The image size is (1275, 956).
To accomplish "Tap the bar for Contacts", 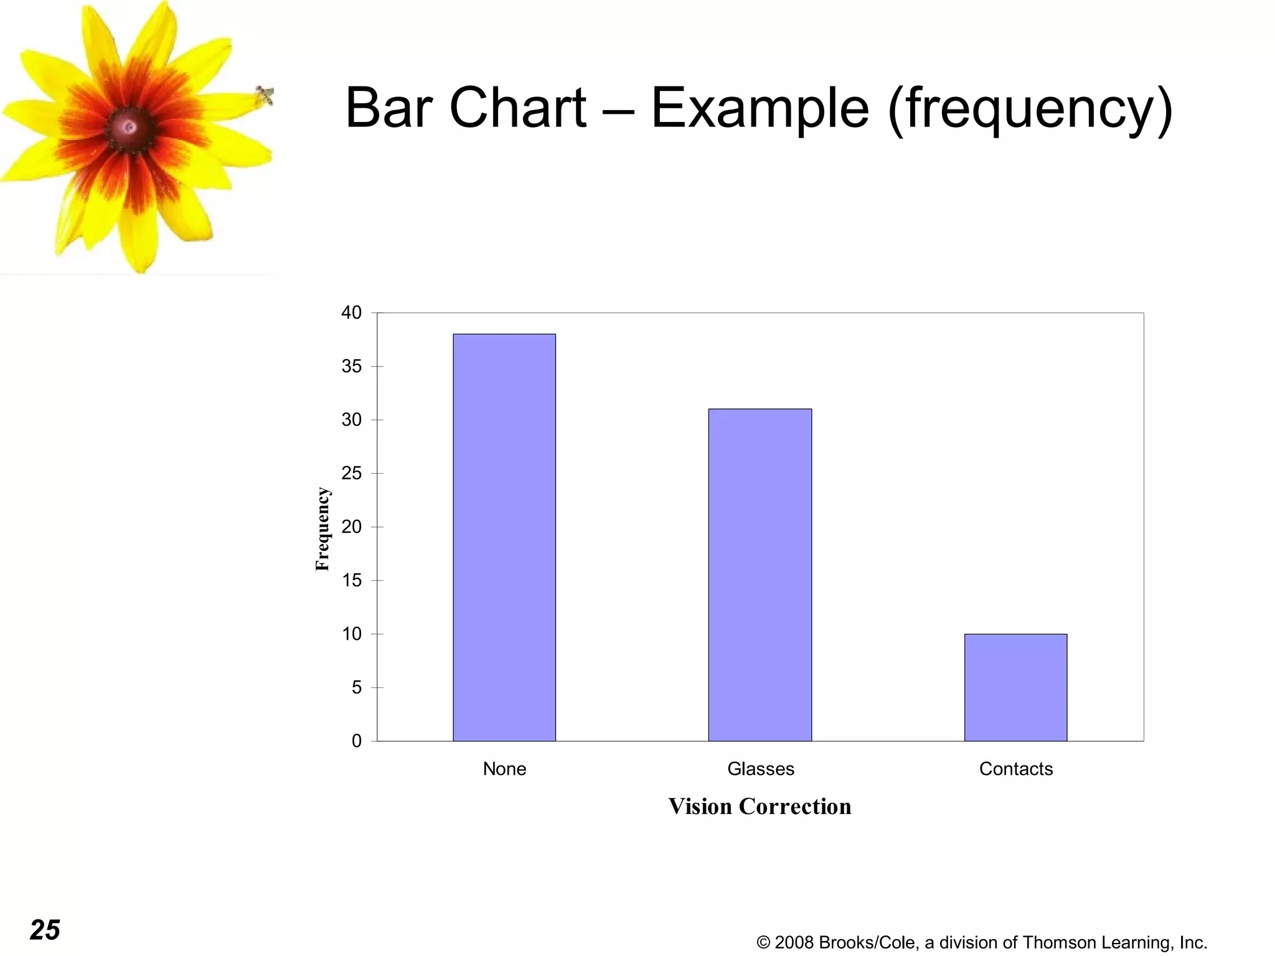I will coord(1015,687).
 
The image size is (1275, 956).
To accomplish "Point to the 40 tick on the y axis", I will coord(352,312).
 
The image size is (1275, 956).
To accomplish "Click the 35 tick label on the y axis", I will coord(352,366).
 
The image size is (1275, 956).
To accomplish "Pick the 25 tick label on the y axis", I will coord(352,473).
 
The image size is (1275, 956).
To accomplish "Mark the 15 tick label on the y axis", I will coord(352,580).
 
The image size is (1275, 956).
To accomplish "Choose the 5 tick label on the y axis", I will coord(357,687).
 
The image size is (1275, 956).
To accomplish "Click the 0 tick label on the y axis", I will coord(357,741).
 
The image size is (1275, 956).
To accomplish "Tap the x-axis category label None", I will coord(504,769).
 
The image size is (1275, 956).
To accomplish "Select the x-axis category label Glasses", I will coord(760,769).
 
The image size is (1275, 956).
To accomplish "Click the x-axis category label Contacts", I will coord(1015,769).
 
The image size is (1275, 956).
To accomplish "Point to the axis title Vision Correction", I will coord(760,806).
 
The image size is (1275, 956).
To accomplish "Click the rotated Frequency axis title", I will coord(322,529).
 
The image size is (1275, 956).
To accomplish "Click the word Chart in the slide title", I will coord(517,108).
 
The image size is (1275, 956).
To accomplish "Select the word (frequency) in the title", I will coord(1030,109).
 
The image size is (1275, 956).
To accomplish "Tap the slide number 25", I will coord(45,930).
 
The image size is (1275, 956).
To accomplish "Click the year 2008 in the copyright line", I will coord(794,942).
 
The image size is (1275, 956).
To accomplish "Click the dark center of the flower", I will coord(129,128).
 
